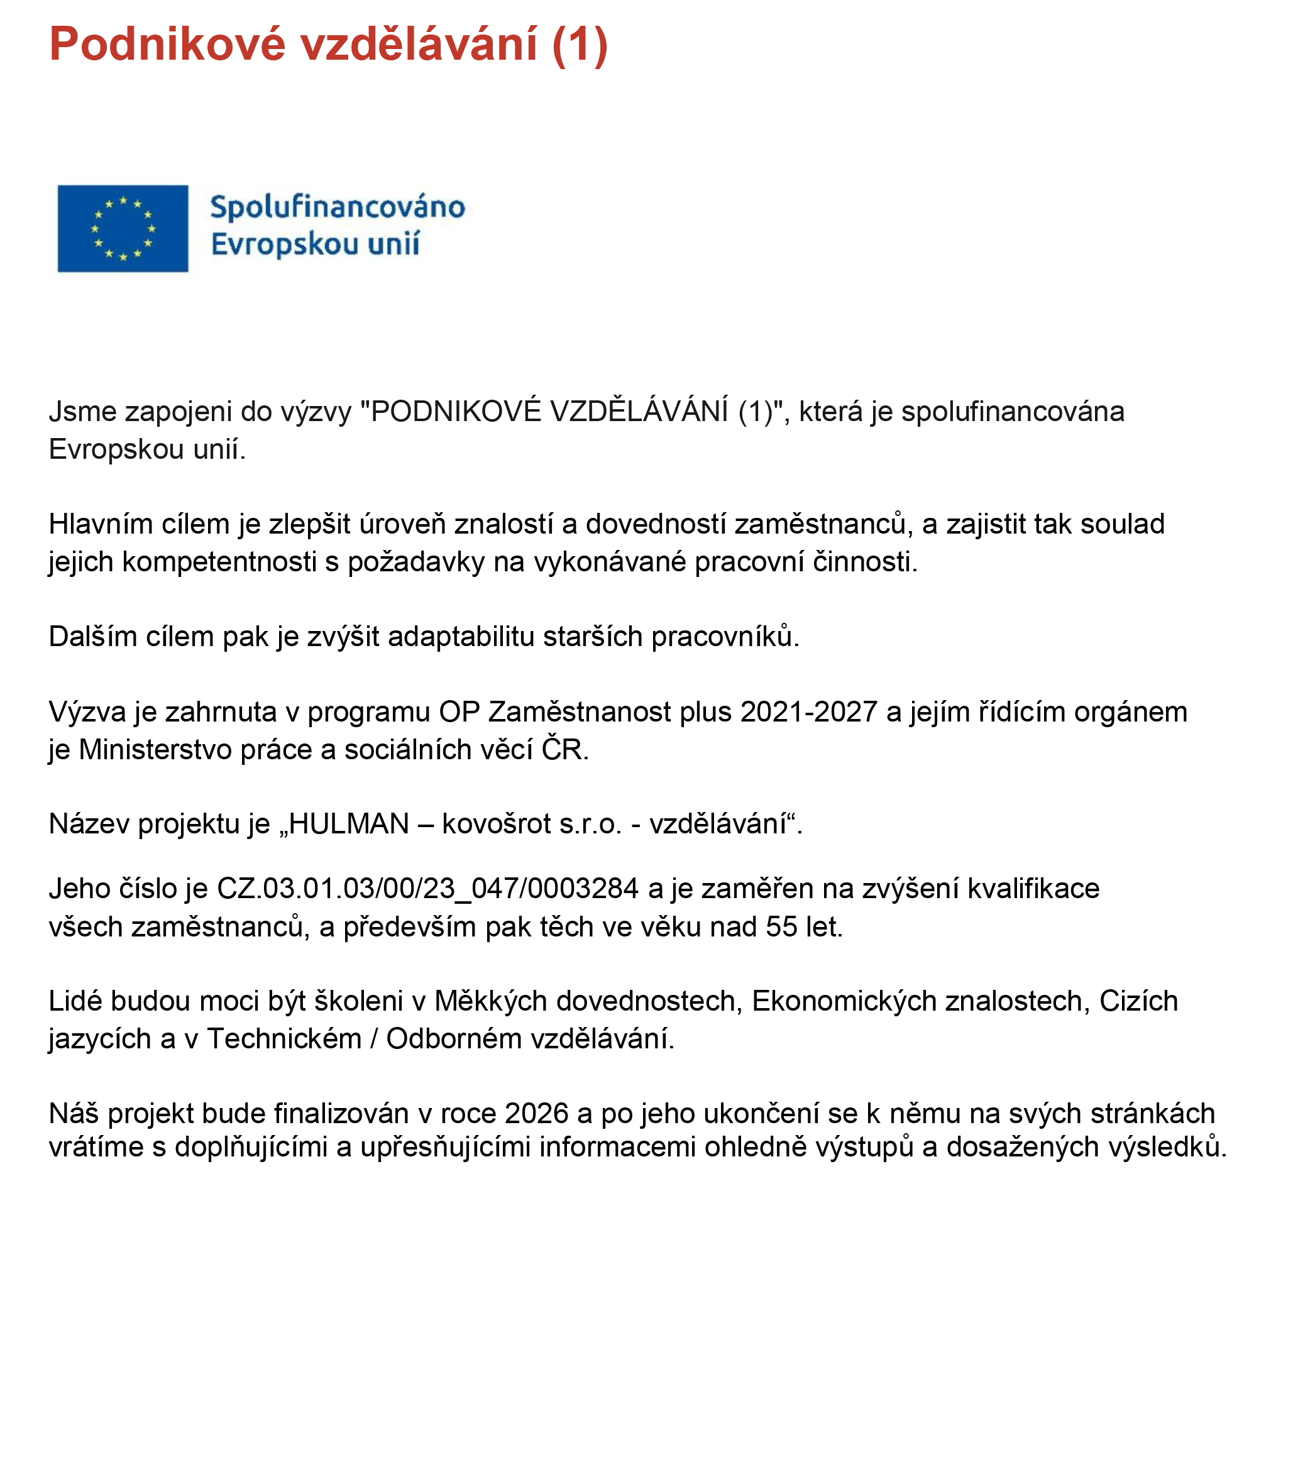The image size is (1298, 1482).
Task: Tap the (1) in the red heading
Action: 580,45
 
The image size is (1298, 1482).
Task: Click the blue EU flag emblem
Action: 123,228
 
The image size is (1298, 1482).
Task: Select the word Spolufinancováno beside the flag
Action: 338,208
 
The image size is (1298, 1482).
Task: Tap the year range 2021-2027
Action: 808,712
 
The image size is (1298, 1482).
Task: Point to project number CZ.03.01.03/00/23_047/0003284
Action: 428,889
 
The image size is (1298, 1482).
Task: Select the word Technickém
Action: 285,1039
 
